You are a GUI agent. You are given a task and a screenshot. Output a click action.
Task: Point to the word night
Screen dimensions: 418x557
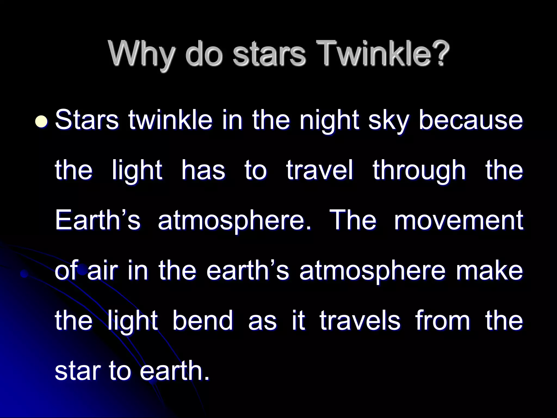click(x=329, y=122)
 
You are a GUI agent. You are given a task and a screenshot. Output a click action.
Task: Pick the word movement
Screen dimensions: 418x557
click(x=459, y=220)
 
